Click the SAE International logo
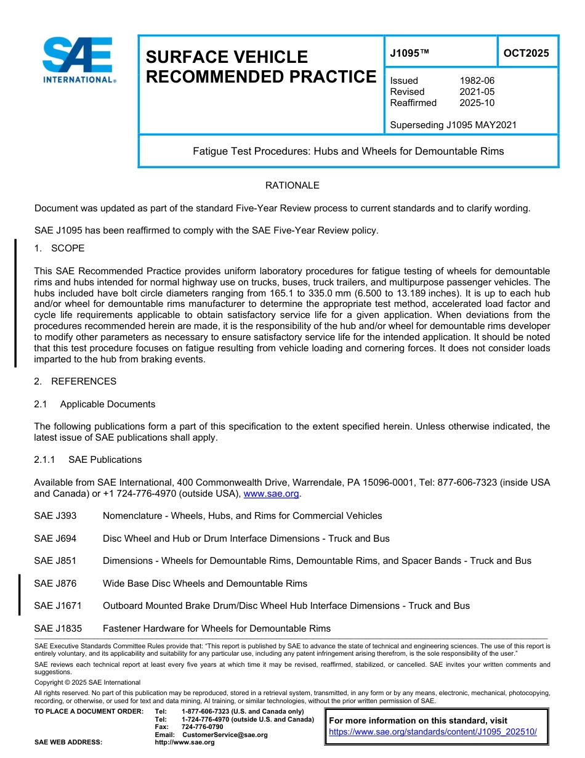pyautogui.click(x=78, y=60)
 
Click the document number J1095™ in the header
pyautogui.click(x=409, y=53)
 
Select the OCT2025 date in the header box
pyautogui.click(x=526, y=53)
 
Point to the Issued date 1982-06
pyautogui.click(x=477, y=81)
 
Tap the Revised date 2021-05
pyautogui.click(x=477, y=92)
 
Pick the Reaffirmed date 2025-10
pyautogui.click(x=477, y=103)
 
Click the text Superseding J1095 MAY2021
pyautogui.click(x=453, y=125)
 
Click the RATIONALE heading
pyautogui.click(x=292, y=185)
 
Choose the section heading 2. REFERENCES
pyautogui.click(x=75, y=381)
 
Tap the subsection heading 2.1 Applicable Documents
pyautogui.click(x=95, y=404)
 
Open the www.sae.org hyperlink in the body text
pyautogui.click(x=271, y=494)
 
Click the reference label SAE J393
pyautogui.click(x=55, y=516)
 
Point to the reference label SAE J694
pyautogui.click(x=55, y=539)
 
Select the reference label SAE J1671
pyautogui.click(x=58, y=606)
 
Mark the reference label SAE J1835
pyautogui.click(x=58, y=629)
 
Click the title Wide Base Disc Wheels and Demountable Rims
pyautogui.click(x=204, y=584)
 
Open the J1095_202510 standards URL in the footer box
pyautogui.click(x=433, y=732)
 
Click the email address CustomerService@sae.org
pyautogui.click(x=225, y=735)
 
